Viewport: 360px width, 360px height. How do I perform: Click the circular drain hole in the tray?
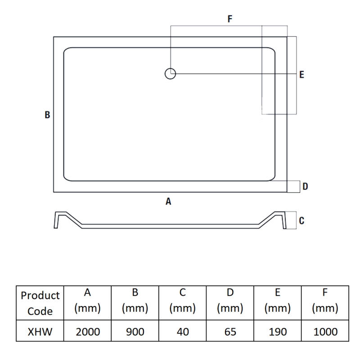click(170, 74)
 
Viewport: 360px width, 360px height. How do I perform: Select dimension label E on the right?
click(301, 75)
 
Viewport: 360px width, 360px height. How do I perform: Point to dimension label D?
click(305, 186)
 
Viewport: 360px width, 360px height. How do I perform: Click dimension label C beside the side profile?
click(302, 220)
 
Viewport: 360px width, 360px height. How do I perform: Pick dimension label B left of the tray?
click(47, 115)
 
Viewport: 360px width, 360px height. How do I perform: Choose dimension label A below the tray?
click(168, 202)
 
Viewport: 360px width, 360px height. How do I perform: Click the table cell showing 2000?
click(88, 332)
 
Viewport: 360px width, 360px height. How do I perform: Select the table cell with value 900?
click(135, 332)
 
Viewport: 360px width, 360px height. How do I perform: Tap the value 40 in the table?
click(183, 332)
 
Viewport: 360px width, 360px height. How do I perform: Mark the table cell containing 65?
click(230, 332)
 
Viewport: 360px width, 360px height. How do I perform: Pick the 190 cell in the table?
click(278, 332)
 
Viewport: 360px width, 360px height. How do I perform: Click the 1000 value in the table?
click(325, 332)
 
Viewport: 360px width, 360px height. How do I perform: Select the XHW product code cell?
click(40, 332)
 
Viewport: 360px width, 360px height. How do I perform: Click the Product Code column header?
click(40, 303)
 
